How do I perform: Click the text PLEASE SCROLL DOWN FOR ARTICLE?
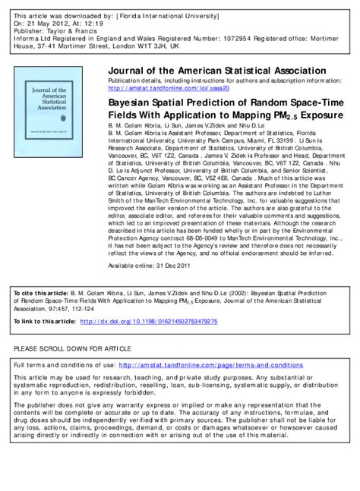coord(68,348)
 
